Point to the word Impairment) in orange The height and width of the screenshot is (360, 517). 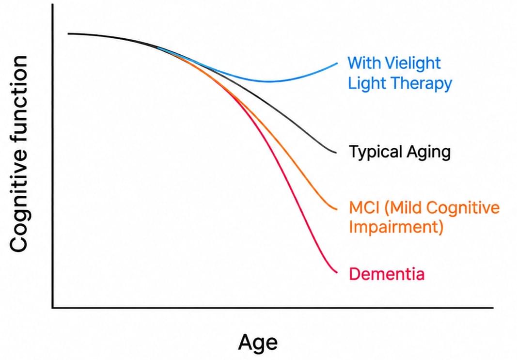point(396,227)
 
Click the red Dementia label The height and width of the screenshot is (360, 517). point(387,274)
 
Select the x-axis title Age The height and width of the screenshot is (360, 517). point(257,343)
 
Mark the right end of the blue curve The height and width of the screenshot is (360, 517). point(337,63)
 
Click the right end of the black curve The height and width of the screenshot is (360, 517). point(336,153)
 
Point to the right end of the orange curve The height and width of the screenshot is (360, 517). point(337,209)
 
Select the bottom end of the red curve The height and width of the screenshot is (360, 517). point(337,273)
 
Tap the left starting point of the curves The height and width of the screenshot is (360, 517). point(68,33)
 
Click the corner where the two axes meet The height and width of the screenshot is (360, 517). point(52,308)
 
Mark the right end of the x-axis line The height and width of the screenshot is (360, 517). point(493,308)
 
